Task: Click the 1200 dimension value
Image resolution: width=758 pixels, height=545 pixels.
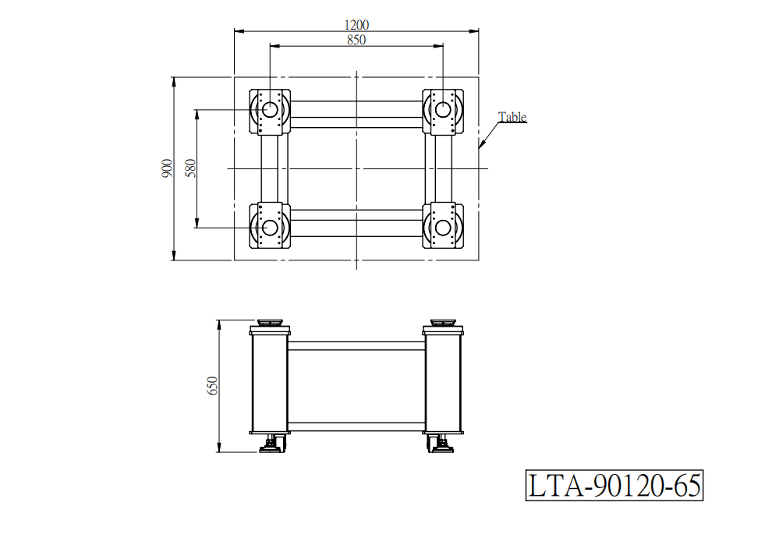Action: point(356,25)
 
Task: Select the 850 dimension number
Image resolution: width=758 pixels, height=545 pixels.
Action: point(356,40)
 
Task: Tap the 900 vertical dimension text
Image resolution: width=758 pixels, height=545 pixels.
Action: point(167,168)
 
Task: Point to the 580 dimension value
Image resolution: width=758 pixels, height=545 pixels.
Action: point(191,168)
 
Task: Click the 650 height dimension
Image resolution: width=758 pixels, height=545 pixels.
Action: point(213,386)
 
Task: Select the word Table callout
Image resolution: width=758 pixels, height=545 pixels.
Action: point(512,117)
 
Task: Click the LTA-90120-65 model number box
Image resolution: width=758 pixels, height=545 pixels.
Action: point(614,485)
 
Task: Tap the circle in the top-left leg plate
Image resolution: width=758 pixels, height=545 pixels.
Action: point(270,110)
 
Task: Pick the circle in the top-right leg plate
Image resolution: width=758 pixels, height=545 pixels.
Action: point(443,110)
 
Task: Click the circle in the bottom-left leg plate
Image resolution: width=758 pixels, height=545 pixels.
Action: point(270,227)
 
